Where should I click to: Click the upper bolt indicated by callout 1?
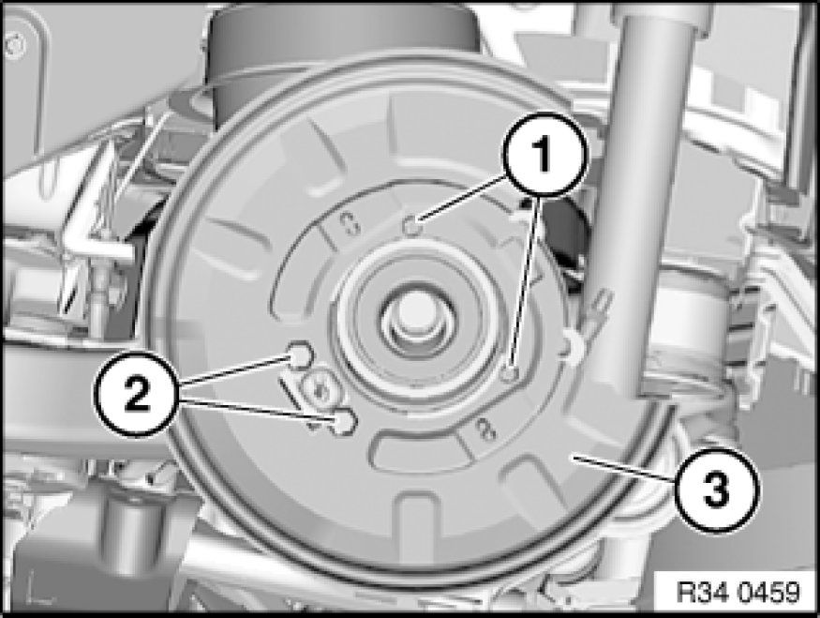[413, 226]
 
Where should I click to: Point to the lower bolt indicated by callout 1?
[510, 373]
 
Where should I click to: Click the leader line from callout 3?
[624, 468]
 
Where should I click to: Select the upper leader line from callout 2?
[236, 369]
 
